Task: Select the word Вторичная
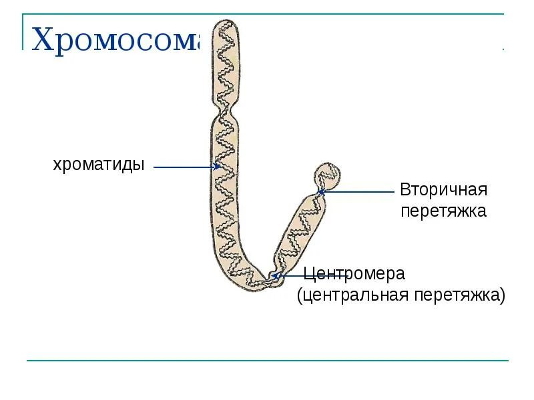(x=444, y=189)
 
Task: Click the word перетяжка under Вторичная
(x=443, y=211)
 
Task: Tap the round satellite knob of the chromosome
(x=327, y=175)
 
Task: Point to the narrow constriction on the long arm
(x=226, y=108)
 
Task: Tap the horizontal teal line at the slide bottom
(x=267, y=361)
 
